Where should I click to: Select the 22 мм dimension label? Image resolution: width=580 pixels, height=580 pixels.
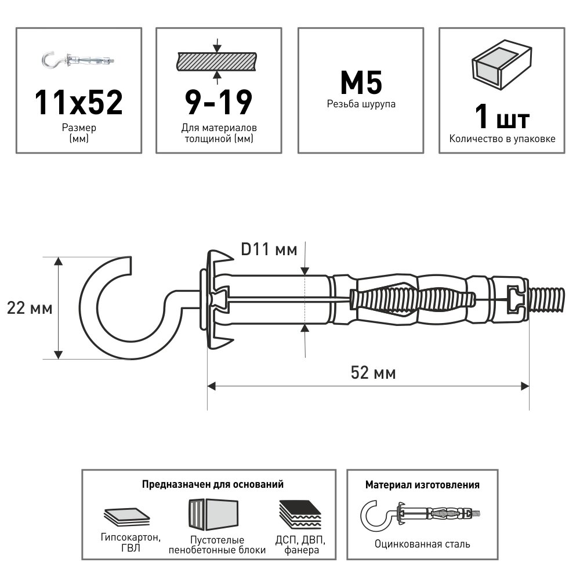(30, 308)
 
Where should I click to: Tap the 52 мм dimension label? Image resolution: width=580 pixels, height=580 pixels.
(374, 373)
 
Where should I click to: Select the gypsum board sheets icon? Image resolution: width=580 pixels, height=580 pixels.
(126, 514)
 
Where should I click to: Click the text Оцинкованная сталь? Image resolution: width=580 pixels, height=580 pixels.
(422, 544)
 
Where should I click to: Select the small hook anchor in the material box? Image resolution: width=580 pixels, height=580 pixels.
(422, 513)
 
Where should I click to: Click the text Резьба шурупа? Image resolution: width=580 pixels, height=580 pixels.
(361, 104)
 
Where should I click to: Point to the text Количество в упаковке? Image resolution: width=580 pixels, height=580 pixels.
(502, 139)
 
